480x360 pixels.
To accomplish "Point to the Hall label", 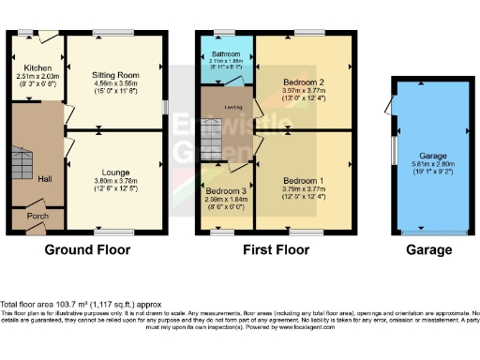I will point(44,178).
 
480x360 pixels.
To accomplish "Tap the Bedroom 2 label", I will point(302,82).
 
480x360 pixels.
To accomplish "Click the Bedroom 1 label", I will point(302,180).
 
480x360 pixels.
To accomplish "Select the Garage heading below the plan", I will point(428,250).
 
